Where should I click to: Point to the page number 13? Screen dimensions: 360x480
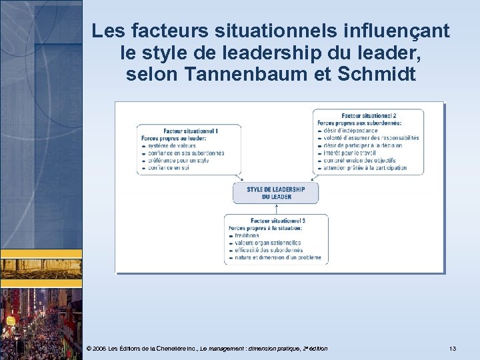click(x=453, y=349)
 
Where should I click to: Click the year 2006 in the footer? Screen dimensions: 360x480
click(x=99, y=349)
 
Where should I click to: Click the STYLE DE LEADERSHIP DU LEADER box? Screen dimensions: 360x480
click(x=275, y=193)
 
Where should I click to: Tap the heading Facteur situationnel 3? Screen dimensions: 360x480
click(x=278, y=221)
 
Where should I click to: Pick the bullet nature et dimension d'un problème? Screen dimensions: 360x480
click(x=278, y=257)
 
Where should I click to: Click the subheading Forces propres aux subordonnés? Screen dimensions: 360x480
click(x=359, y=123)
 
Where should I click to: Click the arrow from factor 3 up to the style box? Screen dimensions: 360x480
click(x=275, y=209)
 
